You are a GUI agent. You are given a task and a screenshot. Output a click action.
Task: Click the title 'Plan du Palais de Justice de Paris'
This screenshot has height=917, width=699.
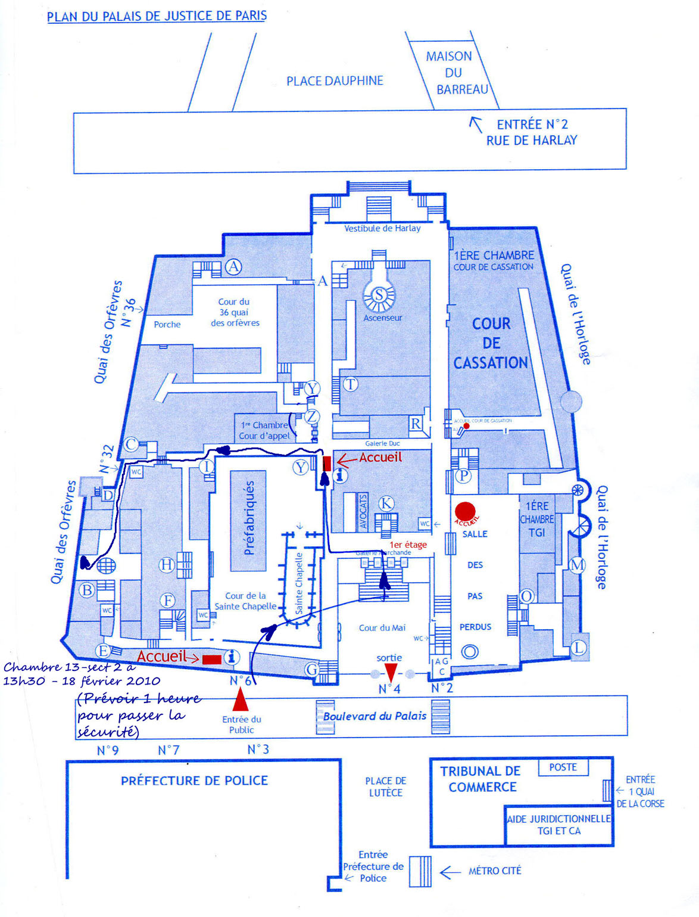157,16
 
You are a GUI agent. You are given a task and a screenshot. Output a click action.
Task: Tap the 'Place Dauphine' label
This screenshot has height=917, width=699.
335,81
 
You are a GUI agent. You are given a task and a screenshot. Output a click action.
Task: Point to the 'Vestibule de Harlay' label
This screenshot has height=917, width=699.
382,228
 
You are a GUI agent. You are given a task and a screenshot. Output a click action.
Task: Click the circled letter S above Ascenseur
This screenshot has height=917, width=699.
379,294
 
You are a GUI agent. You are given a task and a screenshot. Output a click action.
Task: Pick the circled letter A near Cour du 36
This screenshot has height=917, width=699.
233,266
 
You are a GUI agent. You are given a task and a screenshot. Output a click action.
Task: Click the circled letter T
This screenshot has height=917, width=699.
351,384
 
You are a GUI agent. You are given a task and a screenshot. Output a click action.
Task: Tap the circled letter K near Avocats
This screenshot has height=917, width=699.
386,503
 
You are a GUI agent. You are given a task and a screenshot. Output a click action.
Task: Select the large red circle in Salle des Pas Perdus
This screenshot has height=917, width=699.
465,511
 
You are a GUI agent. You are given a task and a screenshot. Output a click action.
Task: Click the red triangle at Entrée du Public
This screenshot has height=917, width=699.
240,700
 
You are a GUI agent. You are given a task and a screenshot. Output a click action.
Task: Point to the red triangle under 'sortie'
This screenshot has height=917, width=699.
391,673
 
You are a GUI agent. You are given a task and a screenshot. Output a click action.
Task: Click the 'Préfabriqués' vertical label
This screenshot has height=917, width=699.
249,518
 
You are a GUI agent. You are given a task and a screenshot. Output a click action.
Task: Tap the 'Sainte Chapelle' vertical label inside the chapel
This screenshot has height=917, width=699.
299,583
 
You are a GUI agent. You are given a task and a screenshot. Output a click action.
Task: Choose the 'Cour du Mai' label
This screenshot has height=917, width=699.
382,627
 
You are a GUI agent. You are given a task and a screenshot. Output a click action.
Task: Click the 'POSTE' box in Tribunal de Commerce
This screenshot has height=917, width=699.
563,767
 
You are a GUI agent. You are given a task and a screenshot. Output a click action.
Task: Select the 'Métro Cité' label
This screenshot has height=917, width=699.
494,871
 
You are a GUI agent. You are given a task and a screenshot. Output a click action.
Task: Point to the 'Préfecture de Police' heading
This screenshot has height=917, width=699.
194,781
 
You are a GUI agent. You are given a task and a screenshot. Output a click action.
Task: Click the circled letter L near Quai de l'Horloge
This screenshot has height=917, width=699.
578,648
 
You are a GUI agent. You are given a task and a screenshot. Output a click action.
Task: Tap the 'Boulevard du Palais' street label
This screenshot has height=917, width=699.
375,716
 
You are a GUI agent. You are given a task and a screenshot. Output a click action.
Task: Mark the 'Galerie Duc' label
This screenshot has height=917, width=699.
382,443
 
